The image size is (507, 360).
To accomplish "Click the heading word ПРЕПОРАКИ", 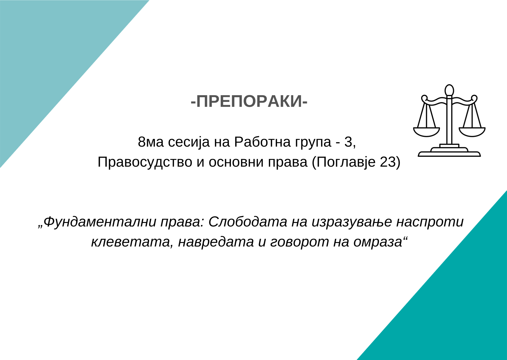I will point(249,102).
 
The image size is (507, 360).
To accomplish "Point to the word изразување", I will point(352,222).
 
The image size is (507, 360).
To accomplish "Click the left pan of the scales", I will point(426,132).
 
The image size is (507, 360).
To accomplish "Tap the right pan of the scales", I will point(472,132).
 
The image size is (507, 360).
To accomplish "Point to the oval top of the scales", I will point(449,90).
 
